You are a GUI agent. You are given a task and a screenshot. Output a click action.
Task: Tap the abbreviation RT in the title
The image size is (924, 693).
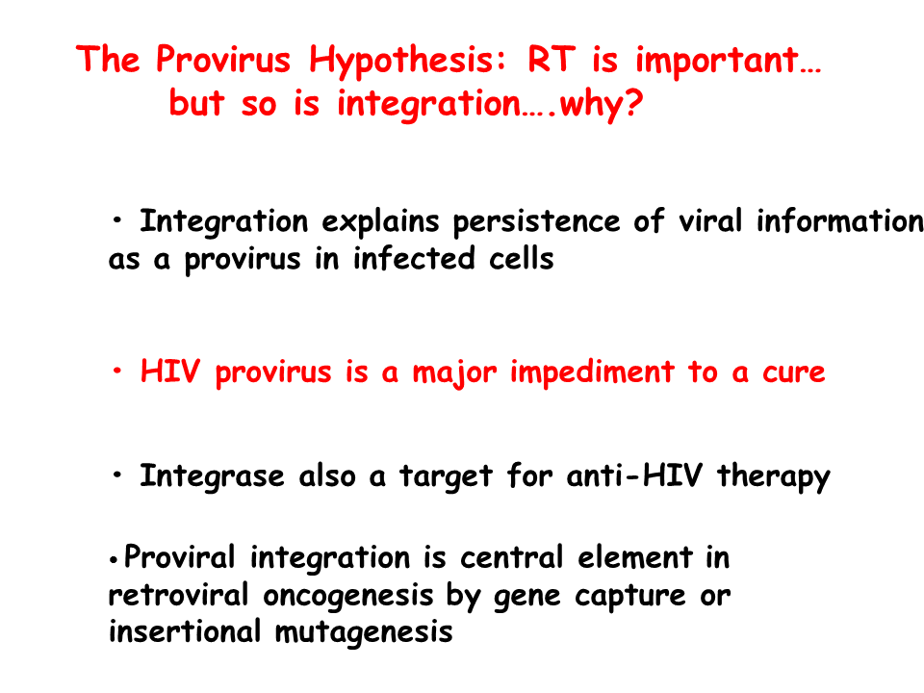[551, 59]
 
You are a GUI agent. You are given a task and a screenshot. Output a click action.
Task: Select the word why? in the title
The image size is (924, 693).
[601, 105]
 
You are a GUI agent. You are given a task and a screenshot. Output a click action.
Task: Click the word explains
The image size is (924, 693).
[380, 223]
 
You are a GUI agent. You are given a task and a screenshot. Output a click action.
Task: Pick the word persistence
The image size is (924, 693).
[536, 222]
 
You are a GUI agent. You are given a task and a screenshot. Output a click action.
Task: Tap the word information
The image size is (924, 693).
[839, 221]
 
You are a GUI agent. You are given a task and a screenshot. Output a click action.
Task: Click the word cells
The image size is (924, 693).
[521, 258]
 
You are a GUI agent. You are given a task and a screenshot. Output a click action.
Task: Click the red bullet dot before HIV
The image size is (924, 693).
[117, 371]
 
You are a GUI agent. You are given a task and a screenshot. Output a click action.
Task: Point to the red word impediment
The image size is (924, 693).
[592, 373]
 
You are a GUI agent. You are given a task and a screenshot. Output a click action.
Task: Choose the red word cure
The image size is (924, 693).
[793, 373]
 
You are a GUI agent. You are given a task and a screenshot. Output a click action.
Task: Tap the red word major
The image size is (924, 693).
[454, 373]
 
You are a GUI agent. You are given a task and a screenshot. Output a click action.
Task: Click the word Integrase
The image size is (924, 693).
[212, 476]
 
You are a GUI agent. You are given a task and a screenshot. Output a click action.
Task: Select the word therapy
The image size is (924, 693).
[773, 476]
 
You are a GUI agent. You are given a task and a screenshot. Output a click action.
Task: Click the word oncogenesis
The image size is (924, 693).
[348, 597]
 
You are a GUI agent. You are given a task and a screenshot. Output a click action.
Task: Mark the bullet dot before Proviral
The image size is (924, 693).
[114, 560]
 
